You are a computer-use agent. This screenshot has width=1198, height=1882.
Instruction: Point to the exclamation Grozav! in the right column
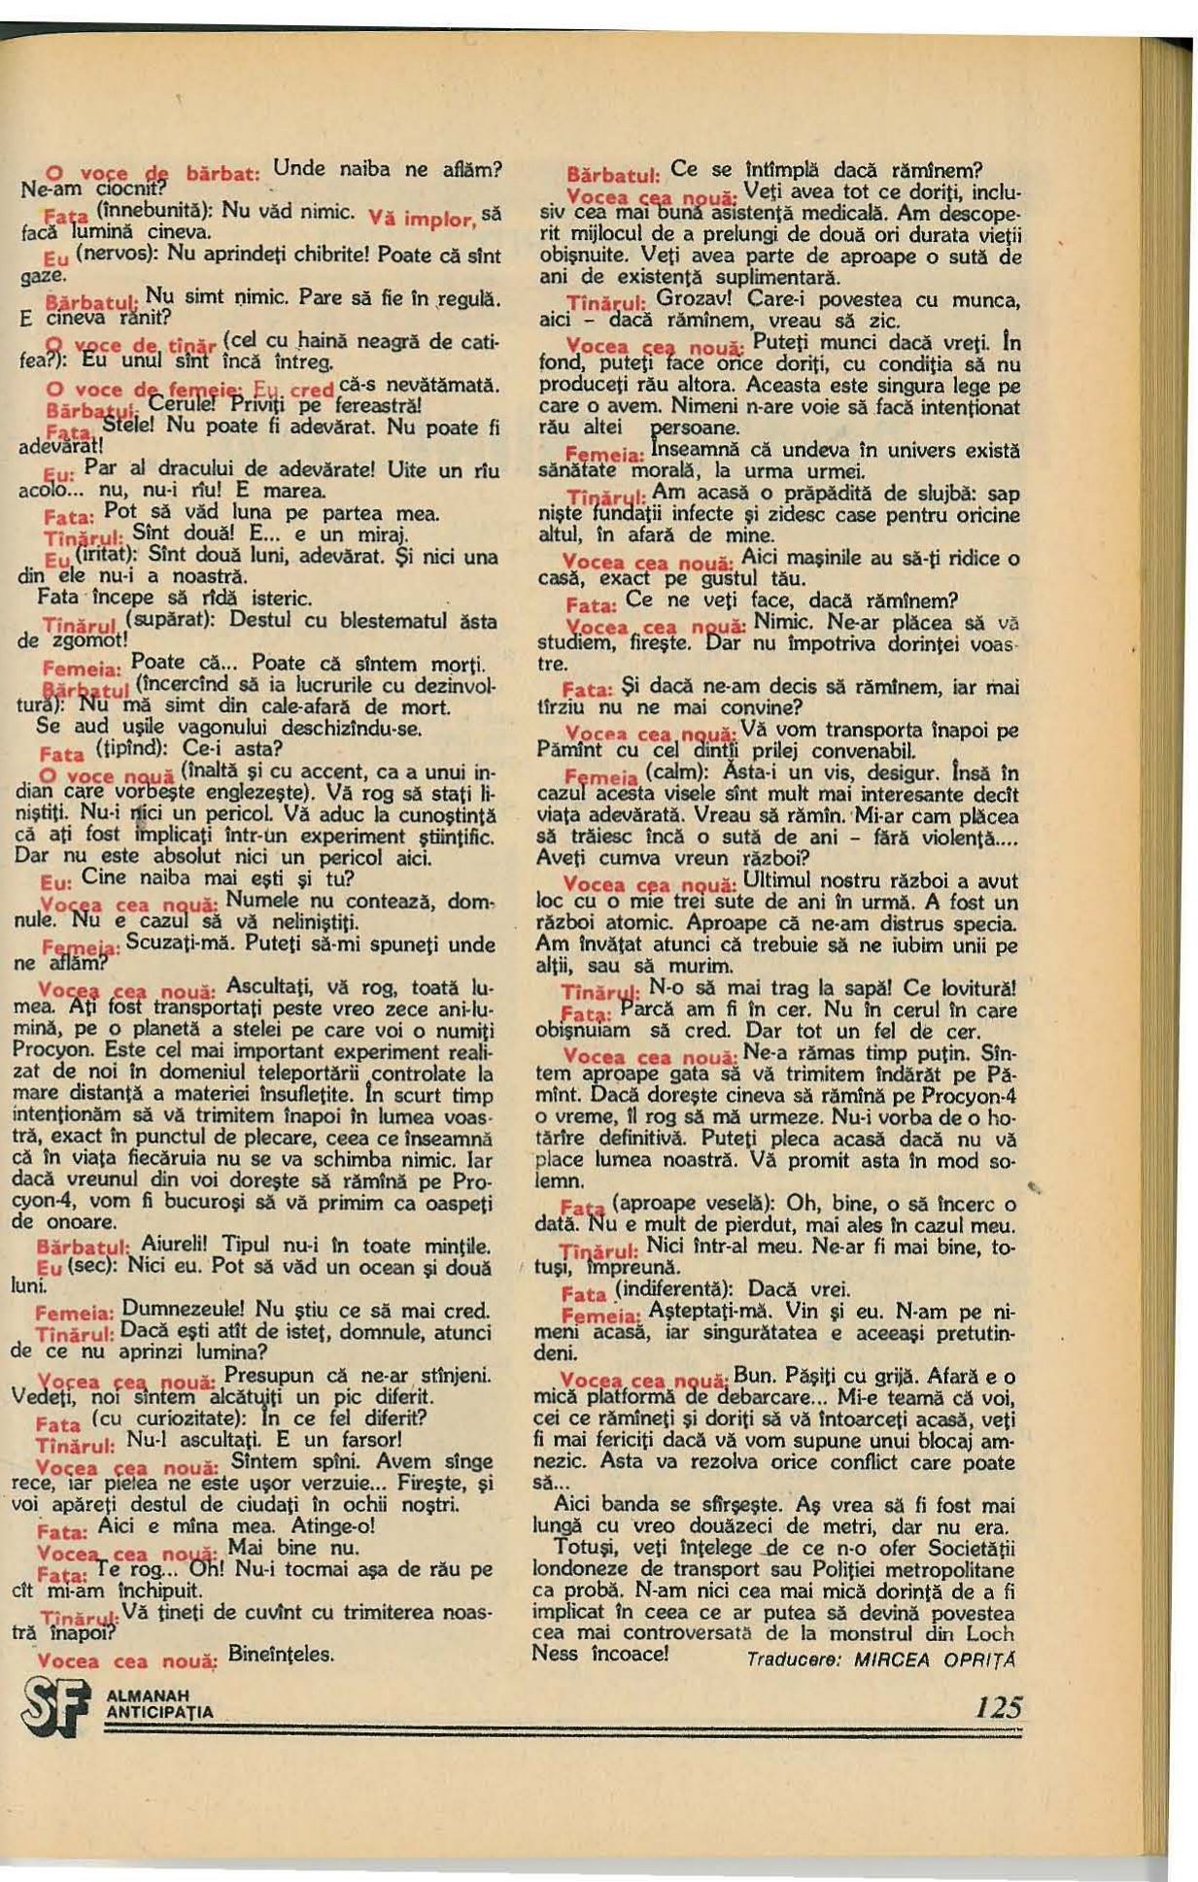point(693,299)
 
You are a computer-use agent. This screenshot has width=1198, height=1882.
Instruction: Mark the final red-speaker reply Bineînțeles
point(281,1653)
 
